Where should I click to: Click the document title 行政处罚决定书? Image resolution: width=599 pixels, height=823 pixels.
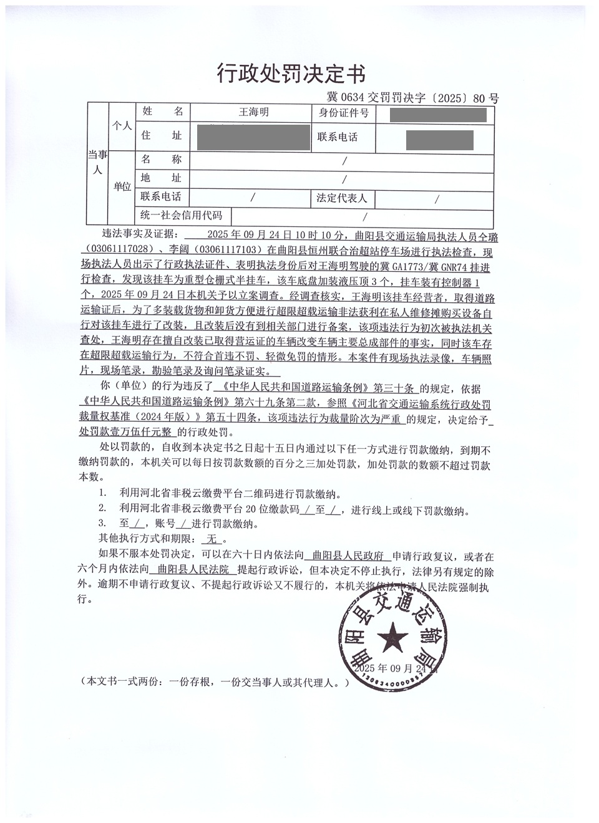click(291, 74)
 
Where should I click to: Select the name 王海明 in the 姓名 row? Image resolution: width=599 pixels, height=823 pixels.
click(254, 112)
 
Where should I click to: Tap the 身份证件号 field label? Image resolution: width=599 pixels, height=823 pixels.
click(343, 113)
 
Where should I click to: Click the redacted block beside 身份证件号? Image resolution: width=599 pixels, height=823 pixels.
click(437, 115)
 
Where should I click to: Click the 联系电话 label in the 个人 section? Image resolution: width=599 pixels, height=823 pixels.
click(338, 137)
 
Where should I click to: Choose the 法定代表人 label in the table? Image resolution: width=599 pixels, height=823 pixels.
click(342, 198)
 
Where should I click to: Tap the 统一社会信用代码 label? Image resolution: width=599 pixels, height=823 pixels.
click(181, 216)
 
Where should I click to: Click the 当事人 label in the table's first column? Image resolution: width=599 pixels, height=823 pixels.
click(97, 162)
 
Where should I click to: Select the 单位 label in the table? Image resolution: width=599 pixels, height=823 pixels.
click(122, 186)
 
